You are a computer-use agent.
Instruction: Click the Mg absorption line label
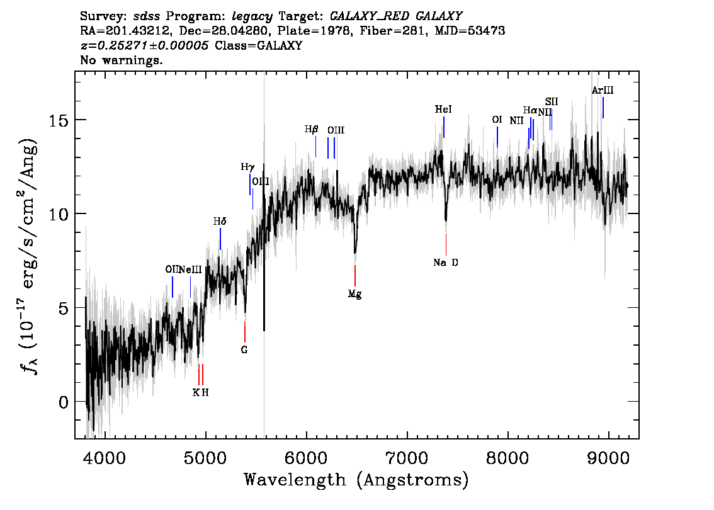coord(354,294)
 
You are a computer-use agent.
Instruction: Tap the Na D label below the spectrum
coord(446,263)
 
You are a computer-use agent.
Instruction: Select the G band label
coord(244,349)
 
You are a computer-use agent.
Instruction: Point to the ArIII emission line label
coord(603,90)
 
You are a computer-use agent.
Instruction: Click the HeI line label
coord(443,110)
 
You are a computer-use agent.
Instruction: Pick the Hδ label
coord(220,221)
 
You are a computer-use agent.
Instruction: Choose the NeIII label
coord(190,269)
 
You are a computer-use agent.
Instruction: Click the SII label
coord(552,101)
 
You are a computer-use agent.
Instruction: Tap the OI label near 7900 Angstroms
coord(497,120)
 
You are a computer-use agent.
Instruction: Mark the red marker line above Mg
coord(355,276)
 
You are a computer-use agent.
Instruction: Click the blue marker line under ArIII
coord(603,108)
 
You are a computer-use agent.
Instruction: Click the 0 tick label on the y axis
coord(64,402)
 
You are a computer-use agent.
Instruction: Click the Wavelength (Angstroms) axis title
coord(356,480)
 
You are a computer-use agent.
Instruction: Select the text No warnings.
coord(121,60)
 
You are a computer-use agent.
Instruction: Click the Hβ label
coord(311,129)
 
